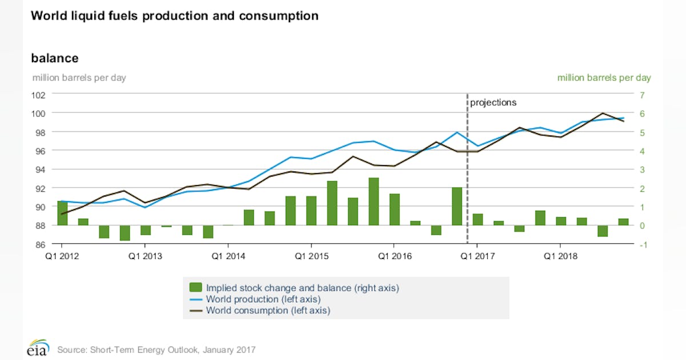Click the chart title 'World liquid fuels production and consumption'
(174, 16)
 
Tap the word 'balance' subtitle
(54, 58)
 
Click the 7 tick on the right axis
(643, 95)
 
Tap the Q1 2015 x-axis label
(311, 257)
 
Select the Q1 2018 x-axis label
(560, 257)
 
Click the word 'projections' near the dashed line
(493, 103)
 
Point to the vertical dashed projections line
(468, 171)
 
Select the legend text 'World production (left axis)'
(263, 299)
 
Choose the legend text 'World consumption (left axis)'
(268, 311)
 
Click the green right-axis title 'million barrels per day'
(604, 78)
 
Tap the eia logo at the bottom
(38, 349)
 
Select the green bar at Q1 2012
(62, 213)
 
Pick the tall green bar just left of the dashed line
(457, 206)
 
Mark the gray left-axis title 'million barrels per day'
(79, 78)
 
